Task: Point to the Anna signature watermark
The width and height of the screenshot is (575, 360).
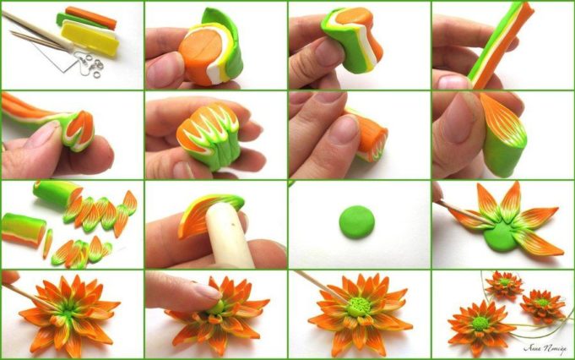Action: pyautogui.click(x=542, y=346)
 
